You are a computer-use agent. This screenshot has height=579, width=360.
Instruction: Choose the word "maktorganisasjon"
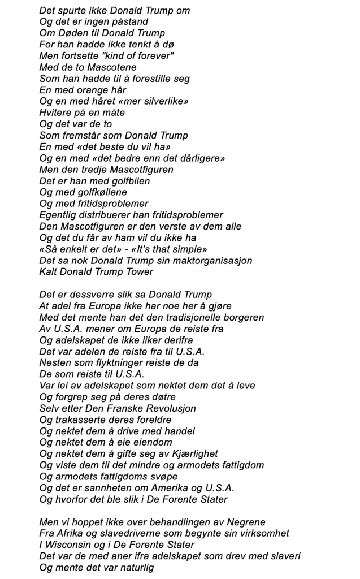click(216, 260)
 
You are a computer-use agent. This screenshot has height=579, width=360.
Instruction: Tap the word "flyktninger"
click(117, 362)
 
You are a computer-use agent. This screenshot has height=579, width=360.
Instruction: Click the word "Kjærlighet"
click(190, 453)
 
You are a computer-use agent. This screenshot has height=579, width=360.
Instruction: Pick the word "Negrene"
click(246, 522)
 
